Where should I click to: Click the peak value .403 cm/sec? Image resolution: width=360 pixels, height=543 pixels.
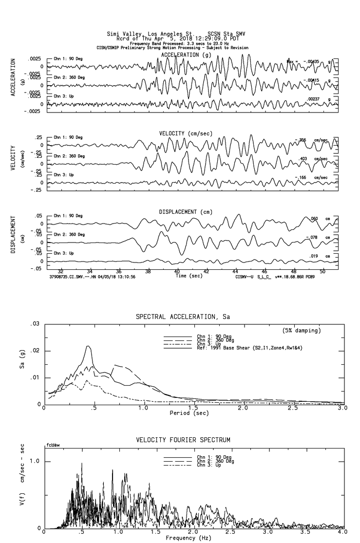(303, 159)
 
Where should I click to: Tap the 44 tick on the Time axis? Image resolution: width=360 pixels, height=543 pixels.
(235, 271)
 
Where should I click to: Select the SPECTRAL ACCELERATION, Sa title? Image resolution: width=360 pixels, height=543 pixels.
(183, 317)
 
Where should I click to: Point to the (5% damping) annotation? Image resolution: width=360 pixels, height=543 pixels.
(302, 331)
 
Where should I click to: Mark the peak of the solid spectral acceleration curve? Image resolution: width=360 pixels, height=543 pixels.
(88, 346)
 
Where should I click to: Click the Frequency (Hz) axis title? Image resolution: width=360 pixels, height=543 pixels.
(188, 538)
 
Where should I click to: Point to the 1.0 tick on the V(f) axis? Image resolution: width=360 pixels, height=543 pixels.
(35, 461)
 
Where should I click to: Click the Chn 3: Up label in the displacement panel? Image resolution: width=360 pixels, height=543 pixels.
(63, 253)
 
